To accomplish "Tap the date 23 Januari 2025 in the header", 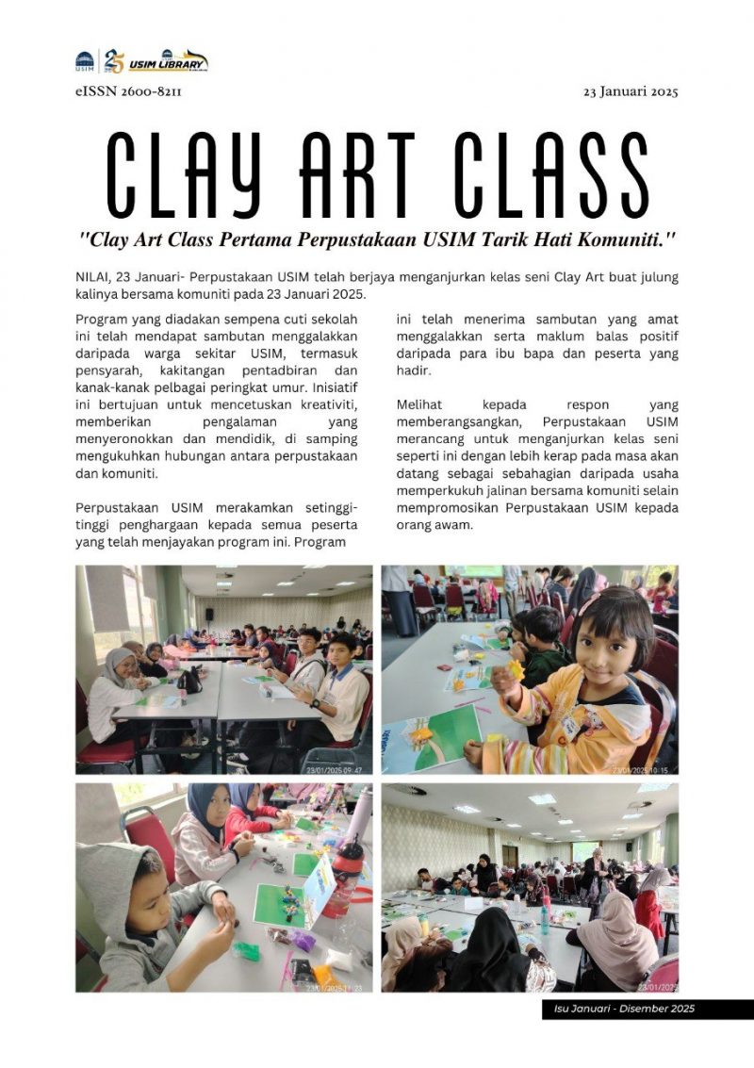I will click(x=631, y=91).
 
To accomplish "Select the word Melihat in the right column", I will click(x=421, y=404).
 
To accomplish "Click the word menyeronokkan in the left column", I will click(x=121, y=439).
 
